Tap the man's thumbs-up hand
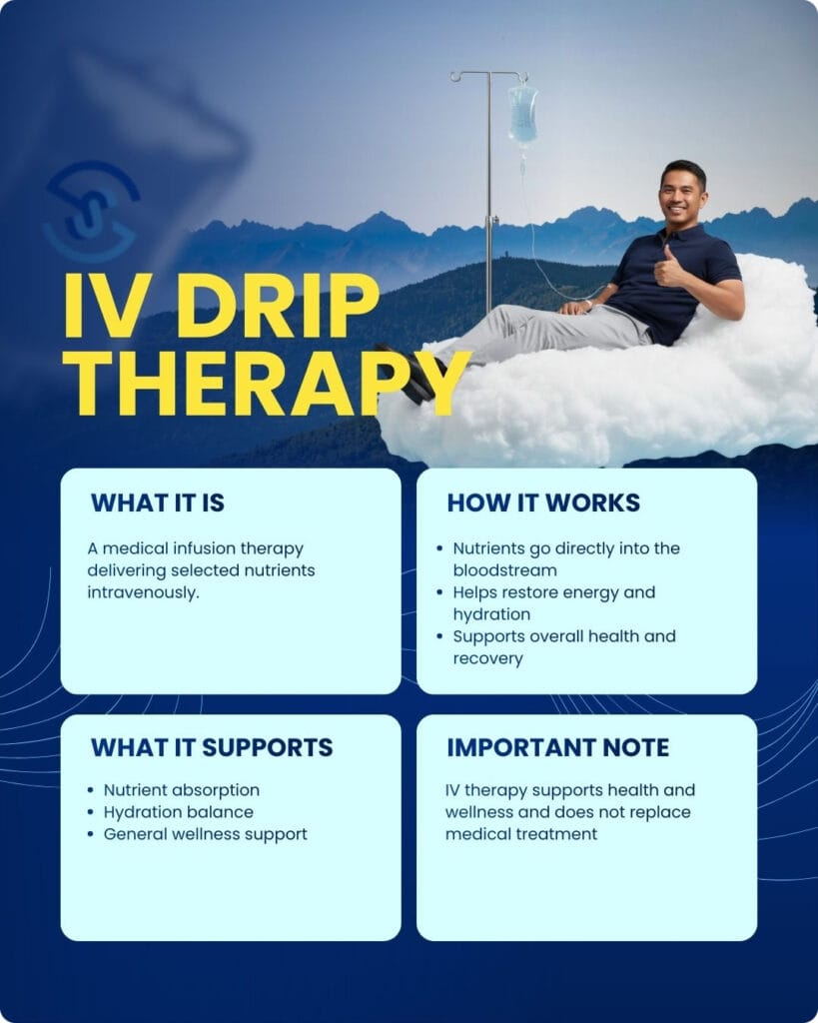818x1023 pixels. (x=667, y=267)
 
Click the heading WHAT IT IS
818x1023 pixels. (x=157, y=504)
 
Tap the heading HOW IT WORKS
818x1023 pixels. (x=543, y=504)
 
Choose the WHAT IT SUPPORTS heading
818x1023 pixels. (x=212, y=747)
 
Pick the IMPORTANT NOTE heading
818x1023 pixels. (x=557, y=747)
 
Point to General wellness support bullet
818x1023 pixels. (x=205, y=834)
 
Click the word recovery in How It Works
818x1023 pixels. (x=487, y=658)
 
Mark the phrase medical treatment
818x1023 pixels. (x=521, y=834)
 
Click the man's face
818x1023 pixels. (x=683, y=197)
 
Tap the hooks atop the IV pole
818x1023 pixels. (x=488, y=75)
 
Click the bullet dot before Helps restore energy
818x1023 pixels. (x=441, y=592)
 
